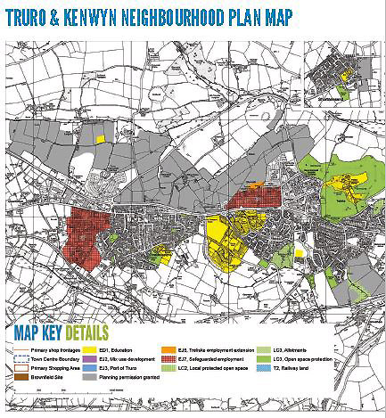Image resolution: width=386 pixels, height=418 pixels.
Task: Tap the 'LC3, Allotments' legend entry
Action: [304, 348]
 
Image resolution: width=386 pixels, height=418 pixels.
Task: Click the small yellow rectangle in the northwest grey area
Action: [101, 138]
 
